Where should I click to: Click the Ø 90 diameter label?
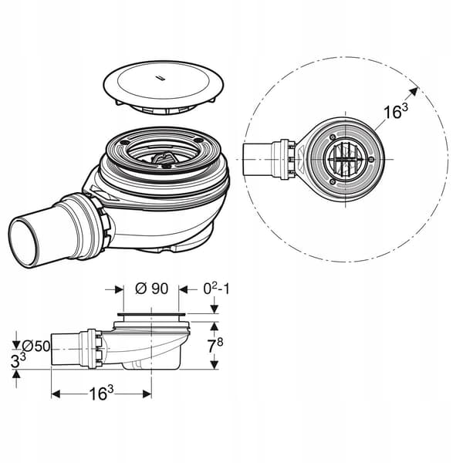tap(151, 289)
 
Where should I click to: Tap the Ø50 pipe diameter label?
tap(36, 346)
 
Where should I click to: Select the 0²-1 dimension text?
tap(216, 289)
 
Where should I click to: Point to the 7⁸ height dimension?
tap(215, 345)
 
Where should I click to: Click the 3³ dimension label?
tap(19, 360)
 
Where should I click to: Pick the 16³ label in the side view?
tap(101, 394)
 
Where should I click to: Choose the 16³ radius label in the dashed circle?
tap(395, 111)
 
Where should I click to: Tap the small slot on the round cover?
tap(161, 78)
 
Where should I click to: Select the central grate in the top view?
tap(346, 159)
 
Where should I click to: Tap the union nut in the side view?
tap(95, 349)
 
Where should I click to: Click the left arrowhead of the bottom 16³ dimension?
tap(56, 394)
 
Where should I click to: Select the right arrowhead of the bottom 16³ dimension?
tap(147, 394)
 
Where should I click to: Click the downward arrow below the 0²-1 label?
tap(215, 308)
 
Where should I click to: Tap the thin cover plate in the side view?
tap(151, 315)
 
